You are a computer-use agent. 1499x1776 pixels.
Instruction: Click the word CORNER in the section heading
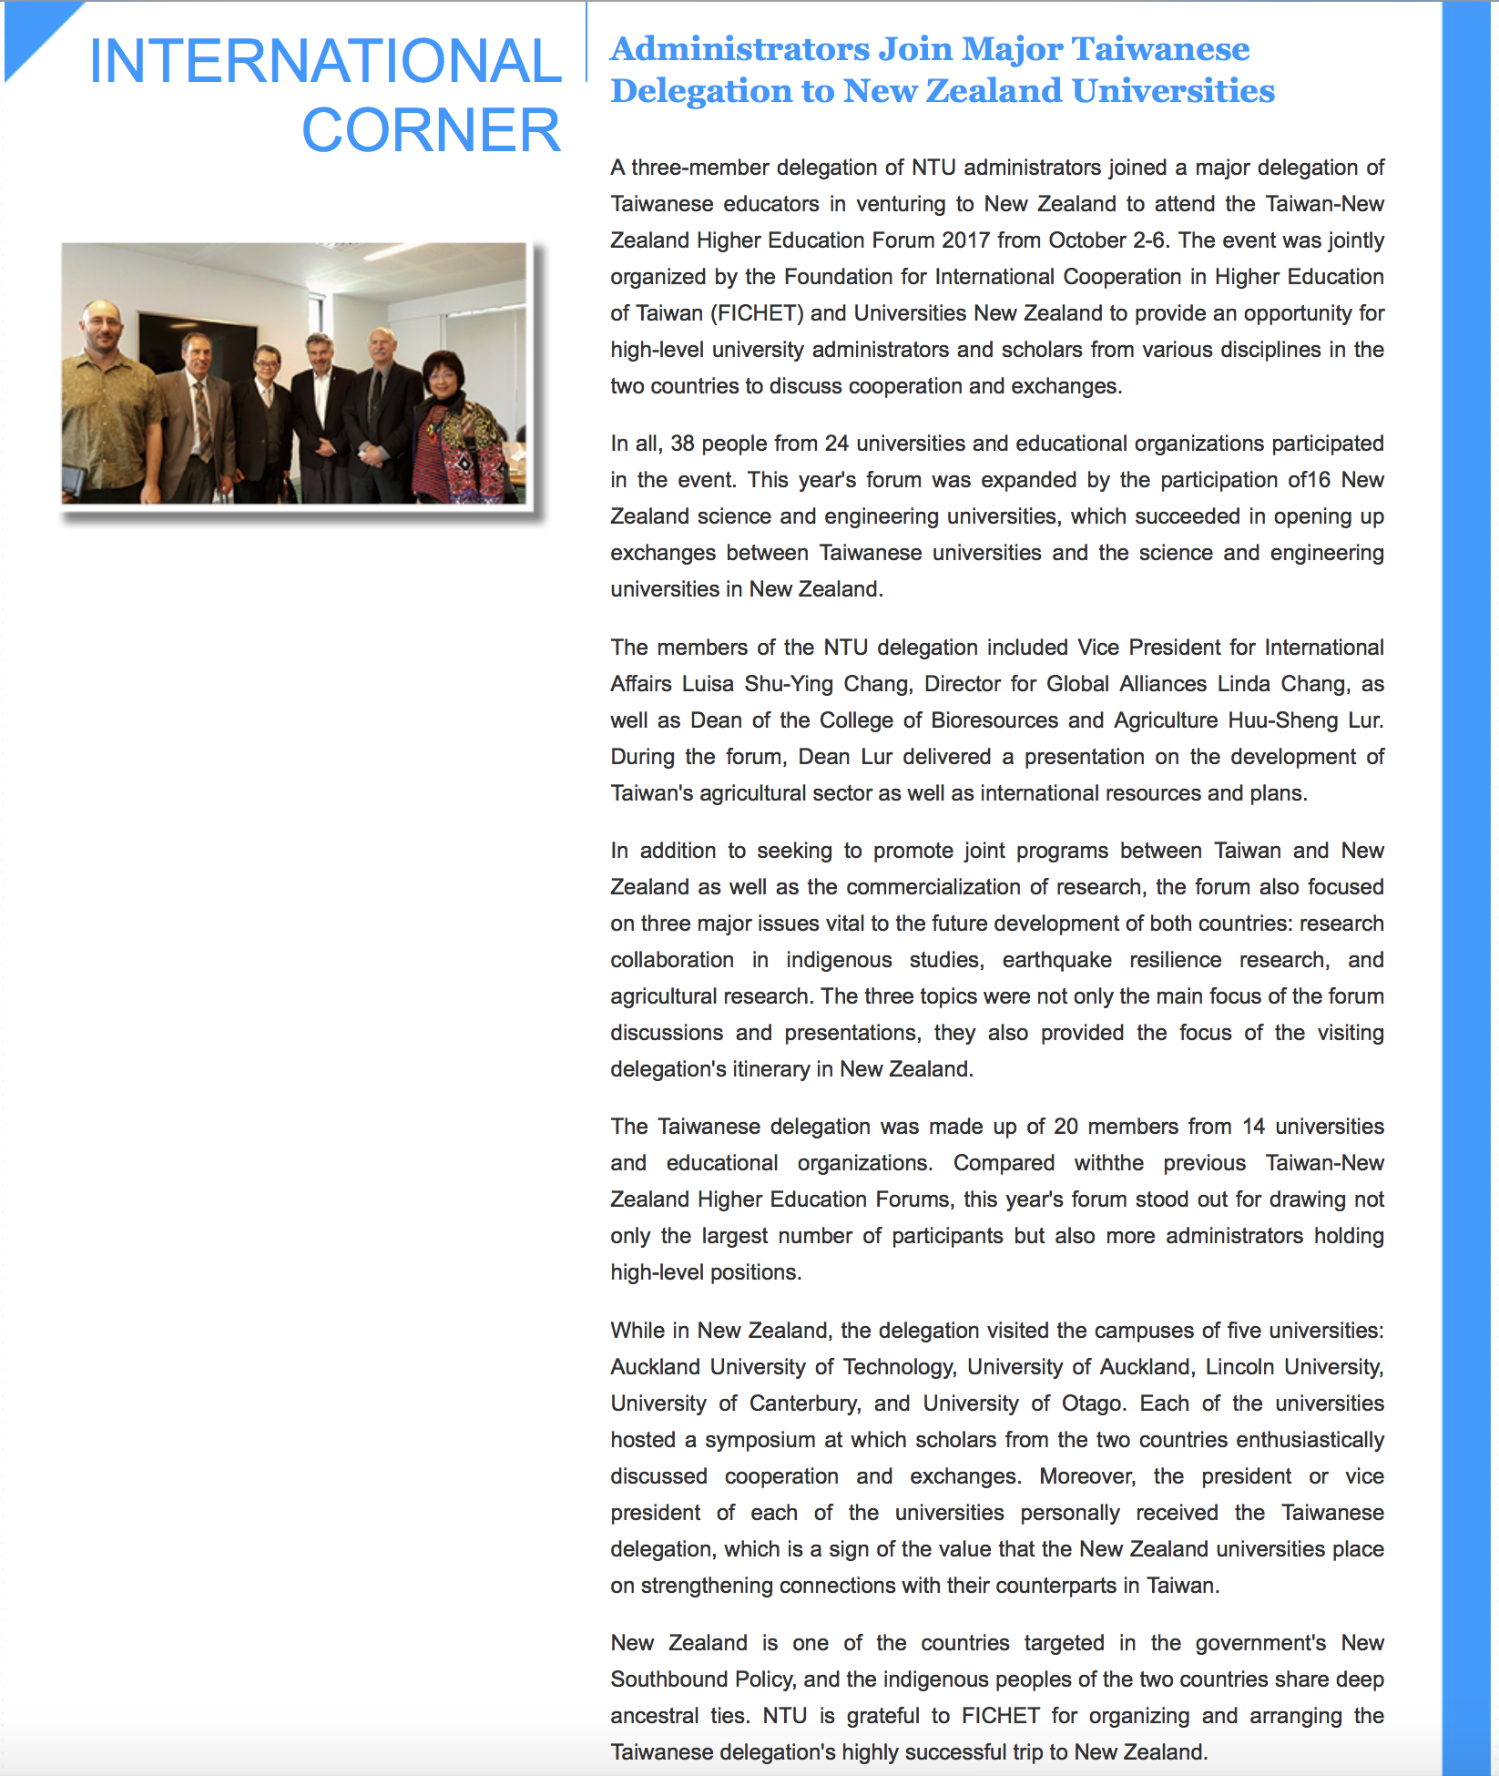(x=431, y=130)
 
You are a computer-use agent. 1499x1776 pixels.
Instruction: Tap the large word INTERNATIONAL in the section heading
(x=325, y=61)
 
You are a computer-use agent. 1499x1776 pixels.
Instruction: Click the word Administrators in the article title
(x=740, y=49)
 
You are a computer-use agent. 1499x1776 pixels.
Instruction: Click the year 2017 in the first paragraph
(x=965, y=240)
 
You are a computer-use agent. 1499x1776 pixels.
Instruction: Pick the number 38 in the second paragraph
(x=682, y=444)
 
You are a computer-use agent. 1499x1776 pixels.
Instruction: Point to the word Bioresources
(x=994, y=720)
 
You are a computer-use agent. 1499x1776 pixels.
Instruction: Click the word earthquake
(x=1056, y=960)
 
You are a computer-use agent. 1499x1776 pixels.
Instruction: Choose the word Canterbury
(x=804, y=1403)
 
